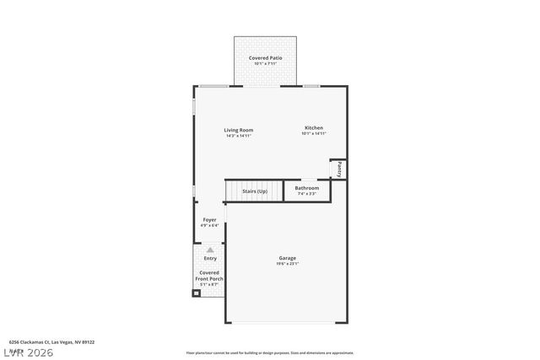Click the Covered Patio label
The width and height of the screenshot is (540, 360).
(x=265, y=57)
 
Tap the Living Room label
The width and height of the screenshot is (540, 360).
(x=238, y=130)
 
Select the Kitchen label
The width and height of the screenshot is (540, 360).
(x=313, y=128)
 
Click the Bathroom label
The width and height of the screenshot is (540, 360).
(x=306, y=188)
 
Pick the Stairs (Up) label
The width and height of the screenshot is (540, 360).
(x=255, y=191)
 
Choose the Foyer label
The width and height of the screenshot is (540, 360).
(x=209, y=220)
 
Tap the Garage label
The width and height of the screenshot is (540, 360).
(x=288, y=258)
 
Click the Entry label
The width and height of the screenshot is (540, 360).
(x=210, y=258)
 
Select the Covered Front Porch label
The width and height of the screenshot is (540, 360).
(x=209, y=276)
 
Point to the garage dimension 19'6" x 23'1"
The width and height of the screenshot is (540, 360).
(x=288, y=264)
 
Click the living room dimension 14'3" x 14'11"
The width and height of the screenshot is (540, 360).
(x=238, y=136)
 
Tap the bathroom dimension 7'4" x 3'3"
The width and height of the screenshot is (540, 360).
(x=306, y=194)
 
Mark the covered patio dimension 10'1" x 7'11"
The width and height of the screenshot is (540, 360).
(x=265, y=63)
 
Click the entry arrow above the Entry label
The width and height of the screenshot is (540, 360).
(x=210, y=250)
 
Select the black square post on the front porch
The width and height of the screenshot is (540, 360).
(x=197, y=293)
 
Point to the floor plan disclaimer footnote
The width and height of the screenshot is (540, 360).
(x=269, y=353)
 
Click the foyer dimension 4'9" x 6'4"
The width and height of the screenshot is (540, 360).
(x=209, y=226)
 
